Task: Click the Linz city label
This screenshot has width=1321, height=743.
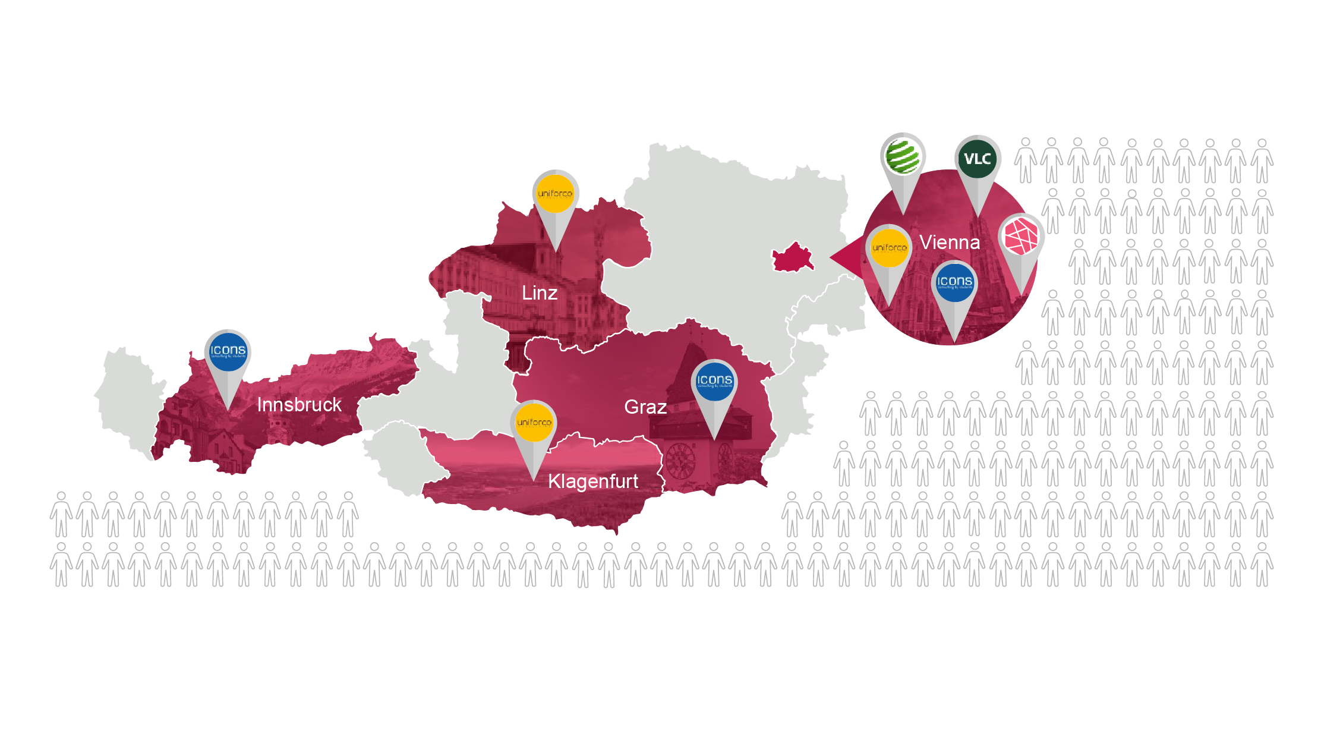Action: (539, 293)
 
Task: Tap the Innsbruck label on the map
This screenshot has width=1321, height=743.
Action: (299, 405)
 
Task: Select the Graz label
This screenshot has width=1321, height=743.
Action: (645, 407)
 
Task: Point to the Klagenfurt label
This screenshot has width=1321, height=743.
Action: (592, 481)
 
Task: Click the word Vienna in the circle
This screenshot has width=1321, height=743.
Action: (949, 243)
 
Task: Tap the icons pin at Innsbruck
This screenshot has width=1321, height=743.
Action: (228, 351)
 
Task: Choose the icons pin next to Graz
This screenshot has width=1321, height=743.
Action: (714, 381)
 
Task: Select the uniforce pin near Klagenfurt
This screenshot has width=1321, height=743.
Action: (534, 423)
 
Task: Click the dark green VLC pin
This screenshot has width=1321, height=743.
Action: (978, 159)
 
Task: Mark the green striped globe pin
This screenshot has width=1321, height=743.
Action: (903, 156)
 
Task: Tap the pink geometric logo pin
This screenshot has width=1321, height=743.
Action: (1020, 237)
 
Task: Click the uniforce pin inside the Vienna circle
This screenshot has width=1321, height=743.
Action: (889, 248)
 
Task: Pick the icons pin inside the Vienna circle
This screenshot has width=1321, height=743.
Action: (954, 282)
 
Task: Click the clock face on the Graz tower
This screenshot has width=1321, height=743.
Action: (680, 461)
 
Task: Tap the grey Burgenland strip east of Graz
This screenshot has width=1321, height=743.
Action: (796, 386)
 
